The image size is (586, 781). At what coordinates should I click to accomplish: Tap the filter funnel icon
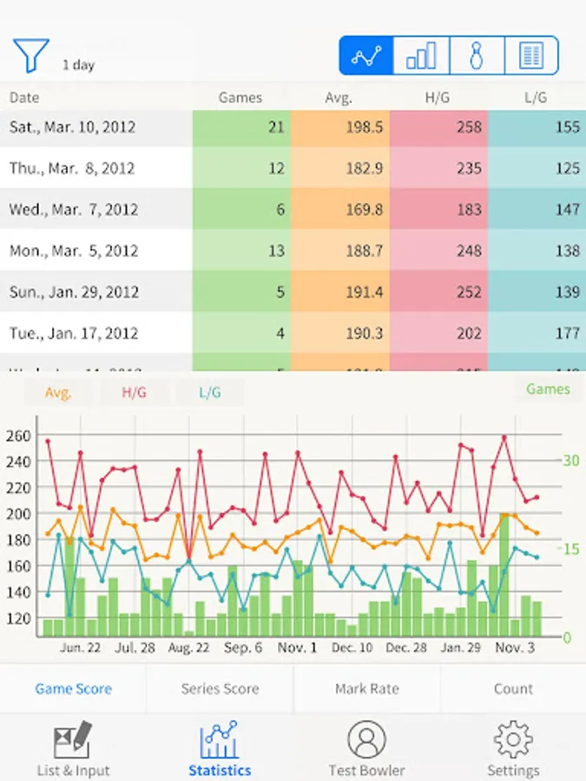(x=30, y=55)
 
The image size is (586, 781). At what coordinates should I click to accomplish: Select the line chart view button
(x=366, y=56)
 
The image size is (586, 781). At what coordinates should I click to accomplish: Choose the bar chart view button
(x=422, y=56)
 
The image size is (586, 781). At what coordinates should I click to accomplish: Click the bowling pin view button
(x=476, y=56)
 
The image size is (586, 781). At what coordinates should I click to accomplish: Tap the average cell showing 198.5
(x=340, y=127)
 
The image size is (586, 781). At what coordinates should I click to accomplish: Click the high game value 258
(x=439, y=127)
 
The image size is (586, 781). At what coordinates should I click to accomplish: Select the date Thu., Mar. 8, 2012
(x=73, y=168)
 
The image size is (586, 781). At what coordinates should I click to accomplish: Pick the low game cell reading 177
(x=537, y=333)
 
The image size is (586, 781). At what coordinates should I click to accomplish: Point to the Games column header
(x=240, y=98)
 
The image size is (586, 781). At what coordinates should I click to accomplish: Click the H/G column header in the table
(x=438, y=98)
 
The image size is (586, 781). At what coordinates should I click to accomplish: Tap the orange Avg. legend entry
(x=57, y=392)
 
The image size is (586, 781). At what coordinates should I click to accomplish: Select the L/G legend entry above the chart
(x=210, y=392)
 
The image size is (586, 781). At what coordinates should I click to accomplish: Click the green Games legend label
(x=548, y=390)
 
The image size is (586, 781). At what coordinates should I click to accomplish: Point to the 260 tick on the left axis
(x=19, y=435)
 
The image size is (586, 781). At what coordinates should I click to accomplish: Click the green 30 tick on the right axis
(x=570, y=460)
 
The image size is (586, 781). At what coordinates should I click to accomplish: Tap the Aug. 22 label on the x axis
(x=189, y=648)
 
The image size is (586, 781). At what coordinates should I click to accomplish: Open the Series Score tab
(x=220, y=689)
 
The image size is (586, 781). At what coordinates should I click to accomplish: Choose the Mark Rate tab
(x=367, y=689)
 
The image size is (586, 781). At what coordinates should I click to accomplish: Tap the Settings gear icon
(x=513, y=739)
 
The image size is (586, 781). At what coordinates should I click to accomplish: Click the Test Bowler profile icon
(x=366, y=739)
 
